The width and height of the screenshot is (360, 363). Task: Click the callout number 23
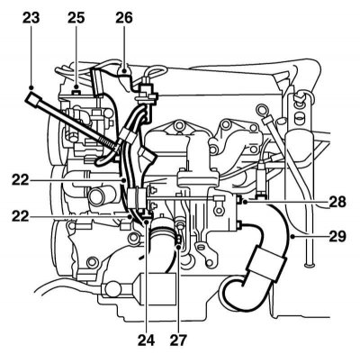click(x=31, y=18)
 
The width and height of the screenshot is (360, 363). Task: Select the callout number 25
click(x=76, y=18)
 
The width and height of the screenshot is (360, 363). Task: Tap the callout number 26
click(x=124, y=18)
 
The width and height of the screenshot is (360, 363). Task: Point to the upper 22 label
click(x=21, y=180)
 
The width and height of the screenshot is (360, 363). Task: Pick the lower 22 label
click(x=21, y=216)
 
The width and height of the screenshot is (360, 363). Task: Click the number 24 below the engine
click(x=146, y=340)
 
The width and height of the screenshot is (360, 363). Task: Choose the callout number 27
click(x=178, y=340)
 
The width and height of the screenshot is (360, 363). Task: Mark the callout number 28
click(x=337, y=202)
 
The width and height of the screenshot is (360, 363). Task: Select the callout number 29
click(x=337, y=237)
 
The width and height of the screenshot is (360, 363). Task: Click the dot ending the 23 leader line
click(x=31, y=87)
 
